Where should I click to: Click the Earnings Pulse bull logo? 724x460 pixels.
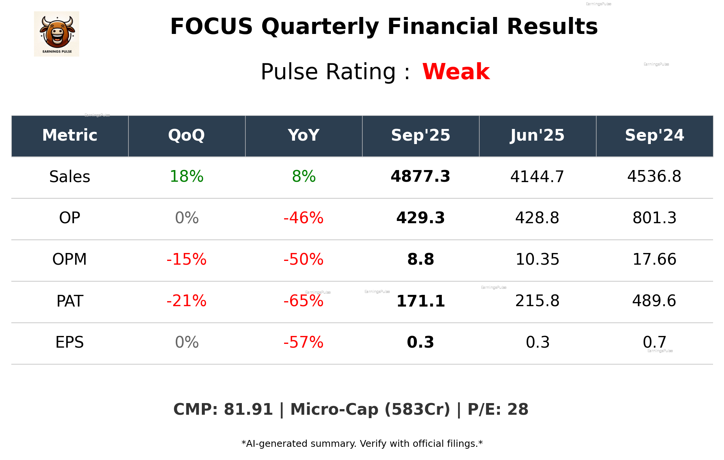pyautogui.click(x=57, y=34)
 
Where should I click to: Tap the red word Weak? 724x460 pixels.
pyautogui.click(x=456, y=72)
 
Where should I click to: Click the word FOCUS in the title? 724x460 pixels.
pyautogui.click(x=211, y=27)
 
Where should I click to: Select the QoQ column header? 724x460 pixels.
pyautogui.click(x=186, y=135)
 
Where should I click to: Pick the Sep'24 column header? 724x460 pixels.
pyautogui.click(x=654, y=135)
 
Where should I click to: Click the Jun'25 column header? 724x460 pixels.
pyautogui.click(x=537, y=135)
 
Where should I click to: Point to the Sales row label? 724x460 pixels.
pyautogui.click(x=70, y=177)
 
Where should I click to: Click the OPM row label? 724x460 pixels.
pyautogui.click(x=70, y=259)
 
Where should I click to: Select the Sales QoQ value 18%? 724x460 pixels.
pyautogui.click(x=186, y=177)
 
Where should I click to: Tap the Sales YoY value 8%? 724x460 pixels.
pyautogui.click(x=304, y=177)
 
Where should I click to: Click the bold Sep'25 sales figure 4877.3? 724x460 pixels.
pyautogui.click(x=420, y=177)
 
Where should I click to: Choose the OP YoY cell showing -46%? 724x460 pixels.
pyautogui.click(x=304, y=218)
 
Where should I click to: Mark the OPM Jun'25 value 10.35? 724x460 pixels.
pyautogui.click(x=537, y=259)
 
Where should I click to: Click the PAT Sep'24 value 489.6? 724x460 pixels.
pyautogui.click(x=654, y=301)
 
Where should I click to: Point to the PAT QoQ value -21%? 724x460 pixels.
pyautogui.click(x=186, y=301)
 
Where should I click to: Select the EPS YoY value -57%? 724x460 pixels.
pyautogui.click(x=304, y=342)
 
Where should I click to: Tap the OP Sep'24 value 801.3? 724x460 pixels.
pyautogui.click(x=654, y=218)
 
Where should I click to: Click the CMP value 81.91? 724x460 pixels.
pyautogui.click(x=248, y=409)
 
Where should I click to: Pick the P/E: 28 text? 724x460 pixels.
pyautogui.click(x=498, y=409)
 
